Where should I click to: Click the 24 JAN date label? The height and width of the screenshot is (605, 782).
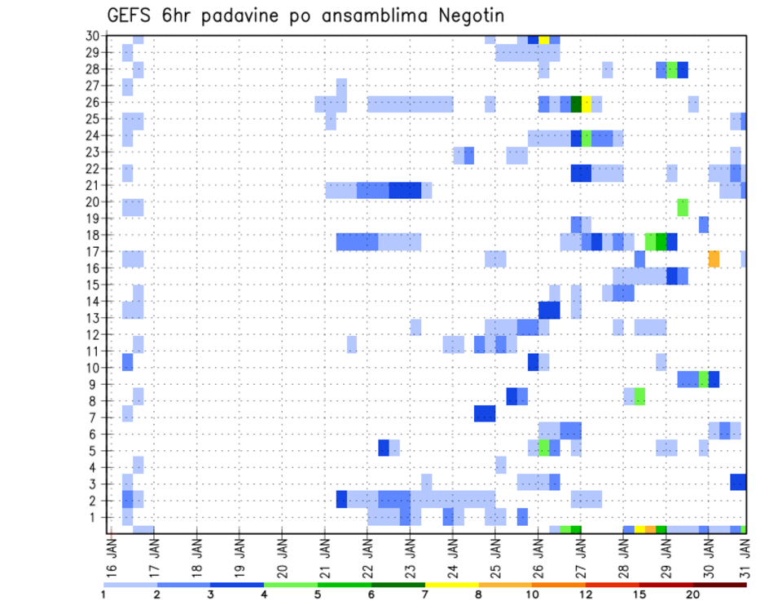453,551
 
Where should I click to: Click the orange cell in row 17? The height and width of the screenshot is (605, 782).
714,258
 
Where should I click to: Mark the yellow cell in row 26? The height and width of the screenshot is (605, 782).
586,104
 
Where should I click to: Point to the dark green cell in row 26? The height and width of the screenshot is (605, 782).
576,104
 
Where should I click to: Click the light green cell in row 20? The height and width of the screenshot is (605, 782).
683,207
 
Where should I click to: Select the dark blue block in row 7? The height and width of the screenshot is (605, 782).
485,413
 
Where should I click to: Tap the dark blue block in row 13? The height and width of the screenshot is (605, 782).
549,310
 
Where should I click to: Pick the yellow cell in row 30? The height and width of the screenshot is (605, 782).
543,39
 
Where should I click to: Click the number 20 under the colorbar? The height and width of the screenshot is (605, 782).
693,594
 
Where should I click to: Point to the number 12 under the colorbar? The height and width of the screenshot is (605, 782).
586,594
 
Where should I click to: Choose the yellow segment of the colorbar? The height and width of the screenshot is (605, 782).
452,585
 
